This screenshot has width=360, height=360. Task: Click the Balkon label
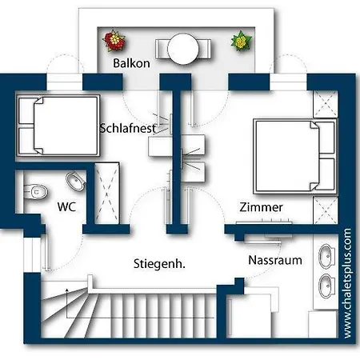[x=131, y=63]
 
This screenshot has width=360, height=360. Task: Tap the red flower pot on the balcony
[x=114, y=40]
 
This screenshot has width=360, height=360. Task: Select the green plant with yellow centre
[x=241, y=41]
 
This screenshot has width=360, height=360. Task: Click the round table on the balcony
[x=183, y=49]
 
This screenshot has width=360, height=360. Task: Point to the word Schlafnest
[x=128, y=128]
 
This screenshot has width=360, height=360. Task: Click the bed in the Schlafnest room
[x=58, y=126]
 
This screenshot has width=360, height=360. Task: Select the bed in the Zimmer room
[x=295, y=156]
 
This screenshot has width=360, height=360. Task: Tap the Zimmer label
[x=261, y=207]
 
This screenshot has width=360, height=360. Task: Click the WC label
[x=66, y=206]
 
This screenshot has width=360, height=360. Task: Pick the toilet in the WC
[x=35, y=191]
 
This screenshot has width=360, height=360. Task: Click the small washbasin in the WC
[x=76, y=181]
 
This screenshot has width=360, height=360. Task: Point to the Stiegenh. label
[x=159, y=264]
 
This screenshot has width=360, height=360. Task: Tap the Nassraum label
[x=275, y=260]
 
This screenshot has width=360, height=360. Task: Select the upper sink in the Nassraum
[x=327, y=256]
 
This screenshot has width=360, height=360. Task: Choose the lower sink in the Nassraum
[x=327, y=286]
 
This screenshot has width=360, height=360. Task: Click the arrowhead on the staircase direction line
[x=67, y=290]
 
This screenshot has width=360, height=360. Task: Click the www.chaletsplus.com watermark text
[x=348, y=283]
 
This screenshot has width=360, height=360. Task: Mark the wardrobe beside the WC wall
[x=106, y=194]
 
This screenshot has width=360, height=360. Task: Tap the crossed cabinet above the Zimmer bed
[x=326, y=104]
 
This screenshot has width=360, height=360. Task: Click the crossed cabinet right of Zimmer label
[x=326, y=210]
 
